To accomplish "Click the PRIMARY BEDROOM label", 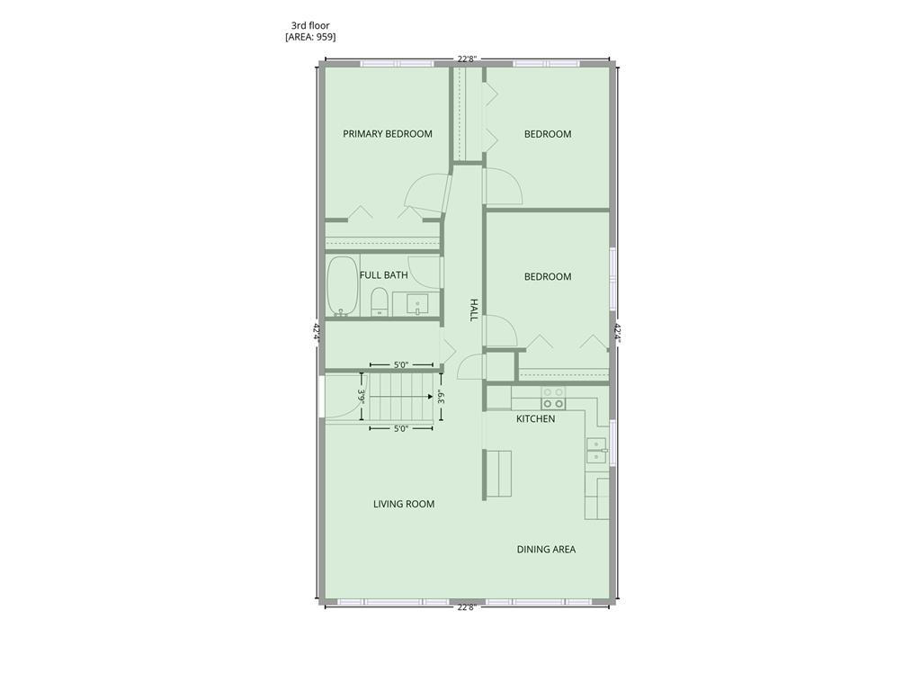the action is [388, 134].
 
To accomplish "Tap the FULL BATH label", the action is [383, 275].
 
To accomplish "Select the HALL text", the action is [473, 310].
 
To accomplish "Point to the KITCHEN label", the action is [536, 419].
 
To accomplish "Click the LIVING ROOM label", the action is [404, 504].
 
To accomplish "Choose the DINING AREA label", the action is [546, 550].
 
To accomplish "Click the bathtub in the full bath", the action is [343, 286].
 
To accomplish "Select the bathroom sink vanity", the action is [417, 304].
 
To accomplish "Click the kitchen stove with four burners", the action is [553, 398].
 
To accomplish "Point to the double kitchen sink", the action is [596, 451].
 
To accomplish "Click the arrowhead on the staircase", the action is [431, 396].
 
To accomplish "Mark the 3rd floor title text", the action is [310, 25].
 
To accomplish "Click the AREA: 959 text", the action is [310, 37].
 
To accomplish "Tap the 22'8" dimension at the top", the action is [467, 58].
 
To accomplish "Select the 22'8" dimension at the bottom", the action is [467, 608].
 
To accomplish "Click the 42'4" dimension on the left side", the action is [316, 332].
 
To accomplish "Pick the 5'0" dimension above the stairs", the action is [400, 365].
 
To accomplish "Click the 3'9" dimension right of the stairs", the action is [441, 398].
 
